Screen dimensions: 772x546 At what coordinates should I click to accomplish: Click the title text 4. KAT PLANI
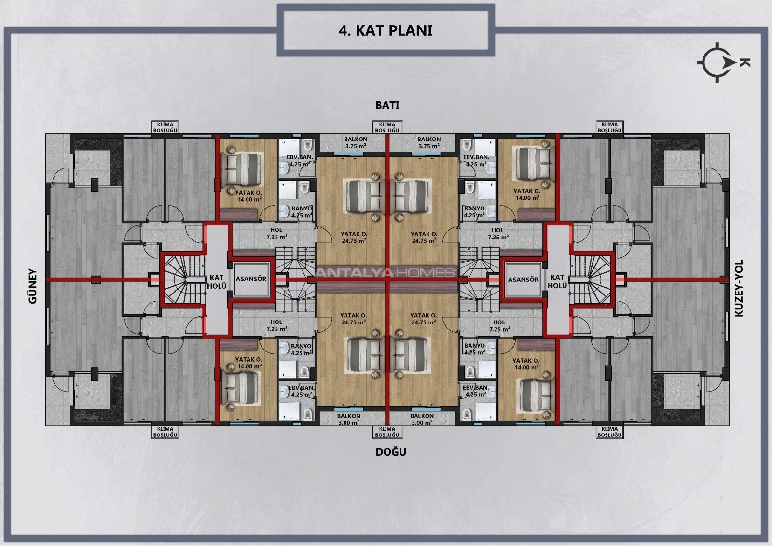386,30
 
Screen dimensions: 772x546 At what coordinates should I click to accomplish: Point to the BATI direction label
387,105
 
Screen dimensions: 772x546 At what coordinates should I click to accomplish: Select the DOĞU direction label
391,452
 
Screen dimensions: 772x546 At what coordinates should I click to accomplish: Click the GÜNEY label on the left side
32,286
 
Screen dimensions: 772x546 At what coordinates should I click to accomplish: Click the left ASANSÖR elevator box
251,279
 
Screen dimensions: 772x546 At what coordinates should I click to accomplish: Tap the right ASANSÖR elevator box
523,280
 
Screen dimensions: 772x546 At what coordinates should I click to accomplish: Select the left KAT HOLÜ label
217,281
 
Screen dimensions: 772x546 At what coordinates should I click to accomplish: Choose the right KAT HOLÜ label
557,281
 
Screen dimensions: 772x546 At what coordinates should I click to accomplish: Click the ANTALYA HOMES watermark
385,273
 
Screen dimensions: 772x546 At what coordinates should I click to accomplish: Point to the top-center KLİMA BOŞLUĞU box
387,127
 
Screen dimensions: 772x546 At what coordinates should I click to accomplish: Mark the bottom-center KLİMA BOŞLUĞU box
387,432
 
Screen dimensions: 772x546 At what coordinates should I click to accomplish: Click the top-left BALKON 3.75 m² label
356,142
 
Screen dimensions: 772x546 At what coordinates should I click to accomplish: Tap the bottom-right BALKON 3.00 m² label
422,419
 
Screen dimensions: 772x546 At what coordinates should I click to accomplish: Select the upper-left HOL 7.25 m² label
276,234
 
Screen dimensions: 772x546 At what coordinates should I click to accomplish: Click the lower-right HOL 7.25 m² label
499,325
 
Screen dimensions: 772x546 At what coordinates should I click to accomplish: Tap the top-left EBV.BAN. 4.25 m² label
300,161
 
